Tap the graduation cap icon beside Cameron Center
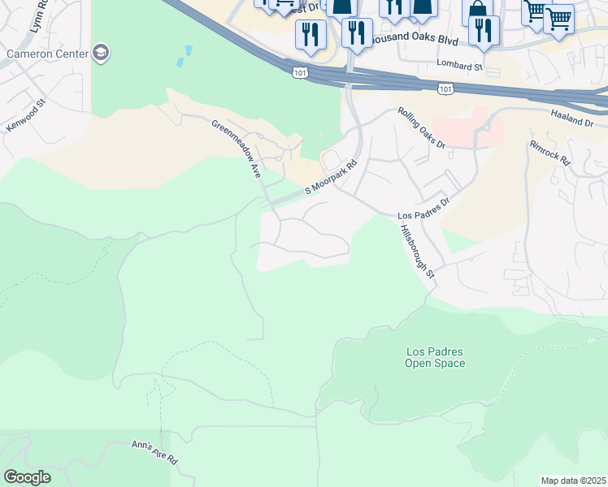pyautogui.click(x=101, y=54)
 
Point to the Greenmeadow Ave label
pyautogui.click(x=235, y=149)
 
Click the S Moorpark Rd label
pyautogui.click(x=332, y=179)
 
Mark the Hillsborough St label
pyautogui.click(x=417, y=252)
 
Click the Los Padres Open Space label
pyautogui.click(x=435, y=357)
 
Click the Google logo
pyautogui.click(x=27, y=476)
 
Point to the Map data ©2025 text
pyautogui.click(x=572, y=481)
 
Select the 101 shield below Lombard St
pyautogui.click(x=445, y=87)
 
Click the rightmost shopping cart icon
pyautogui.click(x=558, y=17)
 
